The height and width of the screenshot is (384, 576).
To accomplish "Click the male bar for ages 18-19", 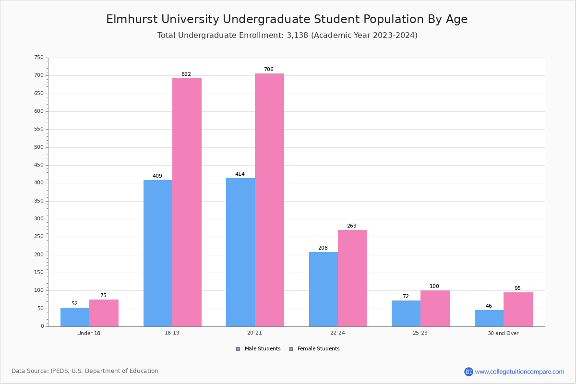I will [157, 253].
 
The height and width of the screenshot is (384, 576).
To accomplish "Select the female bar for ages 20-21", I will [269, 200].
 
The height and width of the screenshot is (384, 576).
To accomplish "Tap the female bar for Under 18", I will [104, 313].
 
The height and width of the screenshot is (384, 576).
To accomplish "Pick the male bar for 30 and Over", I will [489, 318].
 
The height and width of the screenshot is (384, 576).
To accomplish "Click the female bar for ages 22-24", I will [352, 278].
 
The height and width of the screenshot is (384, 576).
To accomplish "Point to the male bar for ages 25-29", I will [406, 313].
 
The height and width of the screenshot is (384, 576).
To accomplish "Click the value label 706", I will [269, 70].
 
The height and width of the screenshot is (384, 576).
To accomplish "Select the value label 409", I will [157, 176].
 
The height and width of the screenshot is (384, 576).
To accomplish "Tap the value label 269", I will [352, 226].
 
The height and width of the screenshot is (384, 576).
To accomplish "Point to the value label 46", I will [489, 306].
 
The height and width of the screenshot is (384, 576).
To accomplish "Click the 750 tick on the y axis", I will [39, 58].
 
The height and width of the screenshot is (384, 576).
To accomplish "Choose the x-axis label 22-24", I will [337, 333].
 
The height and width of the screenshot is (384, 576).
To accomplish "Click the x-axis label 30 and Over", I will [503, 333].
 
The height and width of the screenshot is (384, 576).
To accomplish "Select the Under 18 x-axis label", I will [89, 333].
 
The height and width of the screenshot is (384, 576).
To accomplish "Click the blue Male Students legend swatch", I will [238, 349].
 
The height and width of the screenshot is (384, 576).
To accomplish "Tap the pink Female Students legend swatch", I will [291, 349].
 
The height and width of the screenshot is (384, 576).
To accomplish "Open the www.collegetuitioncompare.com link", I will [519, 372].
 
